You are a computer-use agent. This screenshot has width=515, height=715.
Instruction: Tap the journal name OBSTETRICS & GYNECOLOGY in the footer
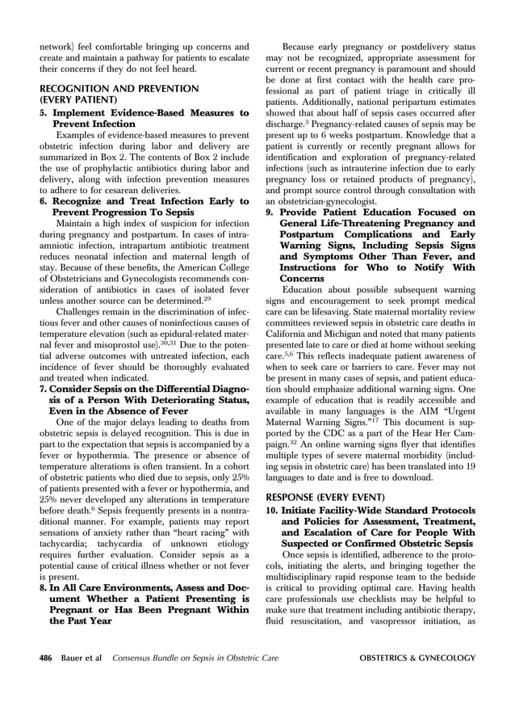point(417,658)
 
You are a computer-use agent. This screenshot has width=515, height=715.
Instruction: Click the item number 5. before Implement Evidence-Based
point(45,113)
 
